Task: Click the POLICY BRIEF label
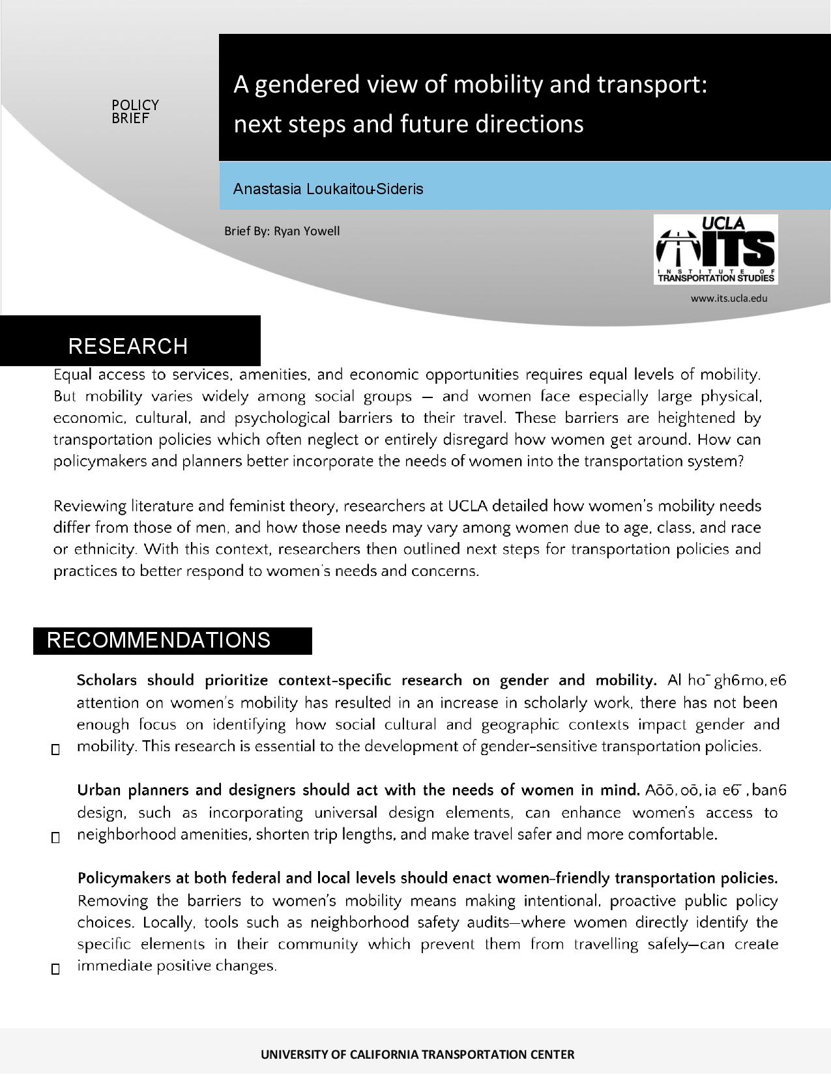click(x=135, y=111)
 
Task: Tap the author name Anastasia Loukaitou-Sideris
click(x=328, y=189)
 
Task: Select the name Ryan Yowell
click(x=306, y=231)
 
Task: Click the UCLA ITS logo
click(x=716, y=250)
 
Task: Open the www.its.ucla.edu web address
click(x=729, y=298)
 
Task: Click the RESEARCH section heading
click(x=128, y=346)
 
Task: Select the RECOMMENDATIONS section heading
click(x=158, y=640)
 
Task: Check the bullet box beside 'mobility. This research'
click(x=55, y=750)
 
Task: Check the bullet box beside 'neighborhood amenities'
click(x=55, y=838)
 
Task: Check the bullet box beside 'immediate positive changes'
click(x=55, y=969)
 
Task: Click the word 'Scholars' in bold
click(x=107, y=681)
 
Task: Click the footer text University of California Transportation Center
click(x=417, y=1054)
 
